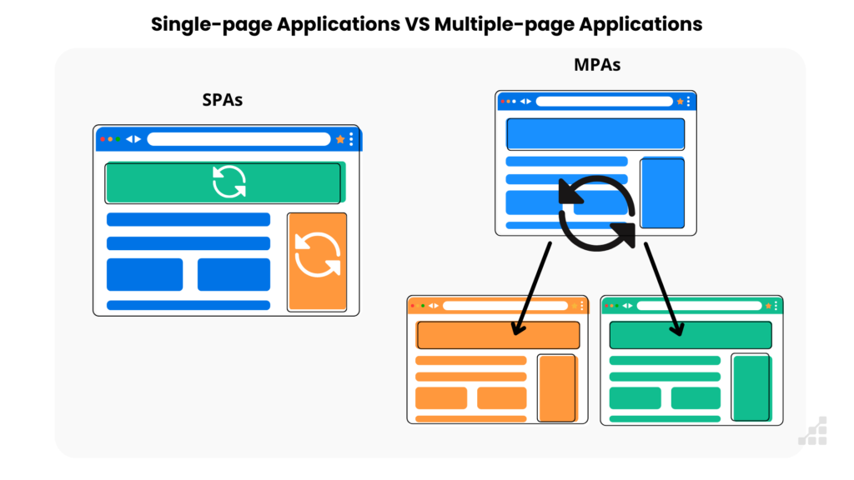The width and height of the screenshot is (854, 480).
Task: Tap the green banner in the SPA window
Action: [223, 182]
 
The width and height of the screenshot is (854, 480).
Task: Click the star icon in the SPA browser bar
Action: [340, 139]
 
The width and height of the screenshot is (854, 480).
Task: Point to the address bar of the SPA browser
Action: [239, 139]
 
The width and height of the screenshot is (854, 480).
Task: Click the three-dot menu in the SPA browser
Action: [351, 139]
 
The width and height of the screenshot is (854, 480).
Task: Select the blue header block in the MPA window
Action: [595, 133]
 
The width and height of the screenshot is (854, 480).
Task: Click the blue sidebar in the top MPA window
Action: [662, 192]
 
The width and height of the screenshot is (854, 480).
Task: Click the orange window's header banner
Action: [498, 334]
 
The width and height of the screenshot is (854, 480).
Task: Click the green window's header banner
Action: [691, 334]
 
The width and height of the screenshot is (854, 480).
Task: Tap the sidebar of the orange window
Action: [556, 387]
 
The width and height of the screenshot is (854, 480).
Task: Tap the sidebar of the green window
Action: [751, 387]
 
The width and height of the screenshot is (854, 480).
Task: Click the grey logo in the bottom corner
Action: [812, 431]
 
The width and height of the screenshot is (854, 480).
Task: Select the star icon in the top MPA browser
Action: [680, 101]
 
